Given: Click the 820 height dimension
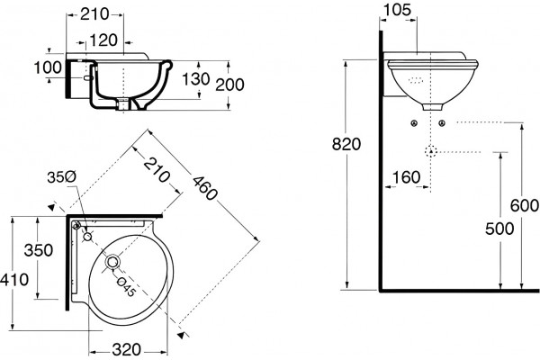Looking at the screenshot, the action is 346,144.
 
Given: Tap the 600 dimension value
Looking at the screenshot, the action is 525,206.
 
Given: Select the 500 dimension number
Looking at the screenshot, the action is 499,229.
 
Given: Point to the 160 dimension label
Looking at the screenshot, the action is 407,177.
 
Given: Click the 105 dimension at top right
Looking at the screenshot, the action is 397,10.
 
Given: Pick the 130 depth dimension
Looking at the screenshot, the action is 195,79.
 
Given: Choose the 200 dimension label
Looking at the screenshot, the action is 229,85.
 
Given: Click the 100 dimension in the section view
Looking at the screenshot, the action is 48,67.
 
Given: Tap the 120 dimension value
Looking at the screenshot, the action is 103,40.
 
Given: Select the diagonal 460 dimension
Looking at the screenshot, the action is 205,188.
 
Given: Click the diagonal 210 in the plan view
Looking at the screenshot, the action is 157,169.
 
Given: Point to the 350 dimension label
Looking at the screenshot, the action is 39,250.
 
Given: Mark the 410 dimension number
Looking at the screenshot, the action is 14,280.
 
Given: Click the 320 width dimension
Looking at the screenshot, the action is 127,350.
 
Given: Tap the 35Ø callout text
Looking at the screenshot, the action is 62,177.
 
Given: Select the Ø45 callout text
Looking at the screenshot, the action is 125,286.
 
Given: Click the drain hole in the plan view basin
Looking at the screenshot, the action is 112,262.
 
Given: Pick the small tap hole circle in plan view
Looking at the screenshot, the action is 88,237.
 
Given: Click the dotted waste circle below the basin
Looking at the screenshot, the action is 431,151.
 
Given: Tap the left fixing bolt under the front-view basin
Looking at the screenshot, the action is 414,123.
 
